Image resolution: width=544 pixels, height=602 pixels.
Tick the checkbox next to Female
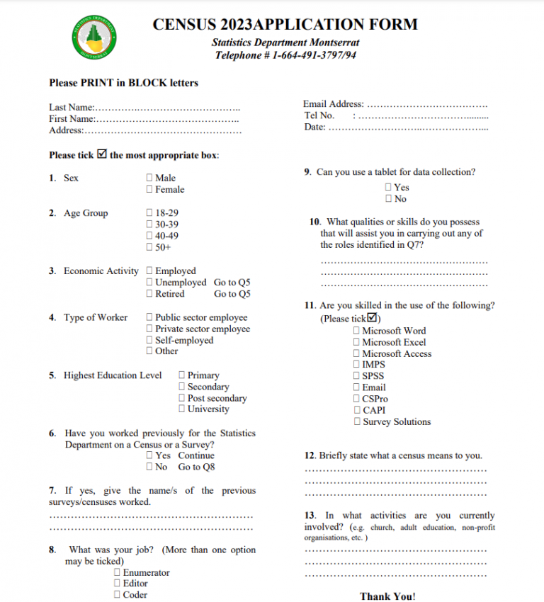pyautogui.click(x=149, y=190)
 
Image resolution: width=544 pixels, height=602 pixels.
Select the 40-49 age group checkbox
pyautogui.click(x=149, y=236)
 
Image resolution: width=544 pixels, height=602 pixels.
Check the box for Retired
pyautogui.click(x=149, y=294)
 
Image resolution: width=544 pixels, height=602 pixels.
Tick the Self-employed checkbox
pyautogui.click(x=149, y=341)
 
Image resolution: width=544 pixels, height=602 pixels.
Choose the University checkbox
pyautogui.click(x=182, y=409)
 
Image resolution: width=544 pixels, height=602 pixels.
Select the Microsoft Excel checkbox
pyautogui.click(x=356, y=342)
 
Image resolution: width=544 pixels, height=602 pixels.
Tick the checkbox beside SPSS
pyautogui.click(x=356, y=376)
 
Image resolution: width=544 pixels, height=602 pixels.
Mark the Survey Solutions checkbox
pyautogui.click(x=357, y=422)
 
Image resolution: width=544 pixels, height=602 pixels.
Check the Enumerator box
pyautogui.click(x=118, y=572)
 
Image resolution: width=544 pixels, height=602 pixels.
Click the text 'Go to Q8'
pyautogui.click(x=196, y=467)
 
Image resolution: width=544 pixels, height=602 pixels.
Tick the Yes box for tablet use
pyautogui.click(x=388, y=188)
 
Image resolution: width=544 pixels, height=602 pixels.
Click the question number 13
pyautogui.click(x=310, y=516)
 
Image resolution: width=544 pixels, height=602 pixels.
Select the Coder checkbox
pyautogui.click(x=118, y=595)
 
